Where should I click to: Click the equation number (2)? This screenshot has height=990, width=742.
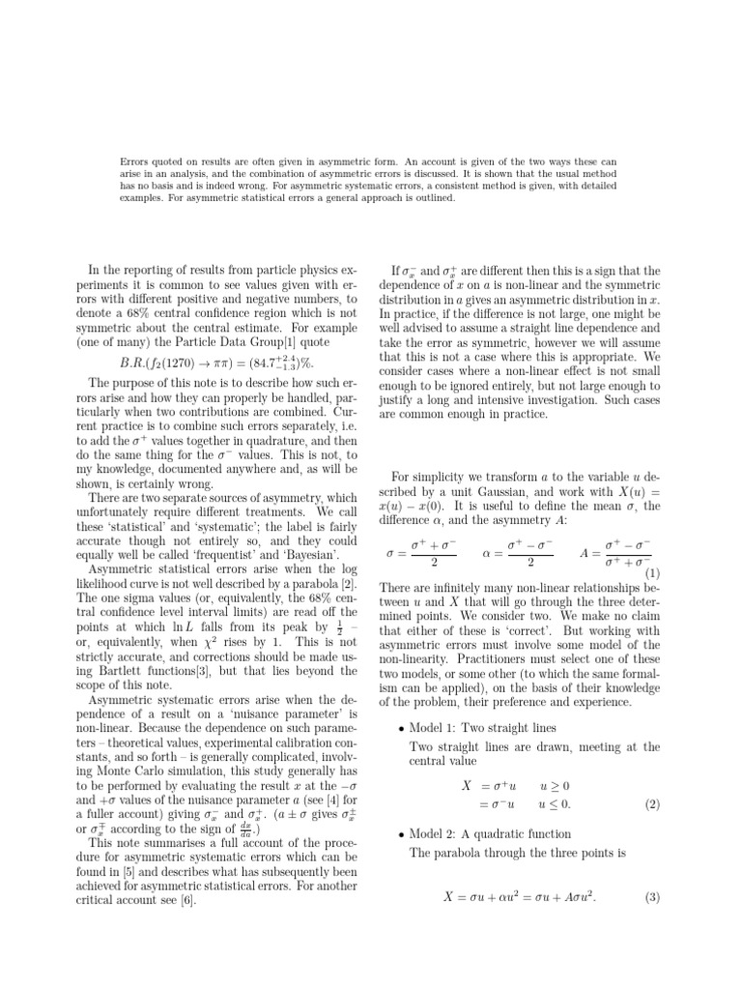coord(651,803)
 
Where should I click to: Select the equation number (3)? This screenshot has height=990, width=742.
coord(651,897)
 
